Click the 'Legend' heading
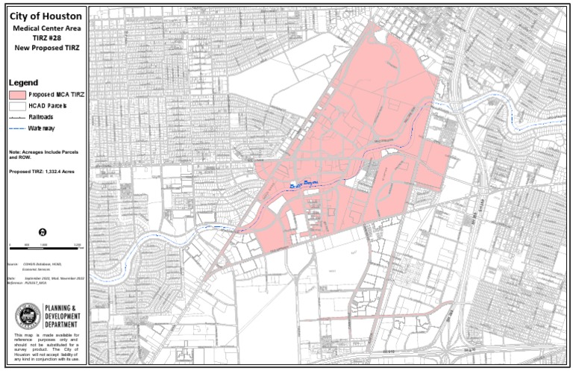[x=23, y=82]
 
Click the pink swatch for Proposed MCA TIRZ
[x=17, y=96]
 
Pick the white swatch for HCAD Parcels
[x=17, y=107]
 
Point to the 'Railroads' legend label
[x=43, y=118]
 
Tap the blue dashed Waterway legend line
[x=17, y=129]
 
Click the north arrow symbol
[x=43, y=232]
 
